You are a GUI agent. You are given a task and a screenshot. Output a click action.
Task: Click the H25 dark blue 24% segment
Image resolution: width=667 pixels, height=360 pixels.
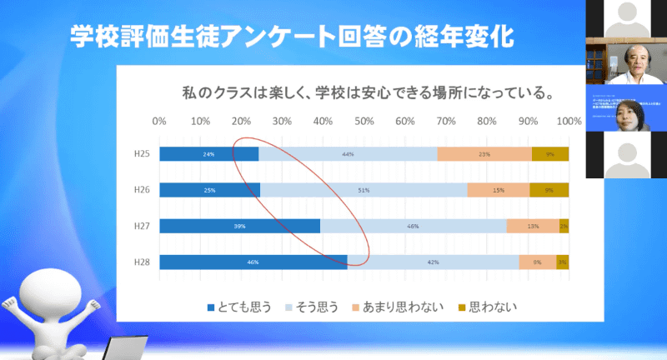coord(208,154)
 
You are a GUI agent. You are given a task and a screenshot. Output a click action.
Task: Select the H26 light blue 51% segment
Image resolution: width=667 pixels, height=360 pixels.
coord(364,190)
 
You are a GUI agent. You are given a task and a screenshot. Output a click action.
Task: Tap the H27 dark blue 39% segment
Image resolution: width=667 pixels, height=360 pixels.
coord(239,226)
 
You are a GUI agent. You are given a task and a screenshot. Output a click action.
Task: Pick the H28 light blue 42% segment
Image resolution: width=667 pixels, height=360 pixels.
coord(433,262)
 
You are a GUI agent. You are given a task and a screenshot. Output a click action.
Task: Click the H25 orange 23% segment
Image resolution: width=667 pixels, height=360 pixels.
coord(484,154)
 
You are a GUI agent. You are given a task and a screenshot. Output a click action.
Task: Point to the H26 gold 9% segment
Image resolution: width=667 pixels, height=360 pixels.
coord(549,190)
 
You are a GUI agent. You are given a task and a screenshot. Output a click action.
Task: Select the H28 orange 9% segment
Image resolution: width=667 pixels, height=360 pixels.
coord(537,262)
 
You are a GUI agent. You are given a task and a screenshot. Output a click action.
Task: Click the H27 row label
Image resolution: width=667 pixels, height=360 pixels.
coord(142,226)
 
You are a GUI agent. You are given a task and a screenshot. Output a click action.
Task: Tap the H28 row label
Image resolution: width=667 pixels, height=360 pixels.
coord(142,262)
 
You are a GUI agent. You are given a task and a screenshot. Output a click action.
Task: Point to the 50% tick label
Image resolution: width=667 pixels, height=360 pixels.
coord(364,122)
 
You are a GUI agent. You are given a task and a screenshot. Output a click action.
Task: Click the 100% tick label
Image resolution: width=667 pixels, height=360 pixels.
coord(569,122)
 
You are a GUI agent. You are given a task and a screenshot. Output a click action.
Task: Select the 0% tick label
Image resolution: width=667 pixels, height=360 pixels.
coord(159,122)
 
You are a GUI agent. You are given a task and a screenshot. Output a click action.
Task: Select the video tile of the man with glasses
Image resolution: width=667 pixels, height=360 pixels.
coord(626,62)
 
